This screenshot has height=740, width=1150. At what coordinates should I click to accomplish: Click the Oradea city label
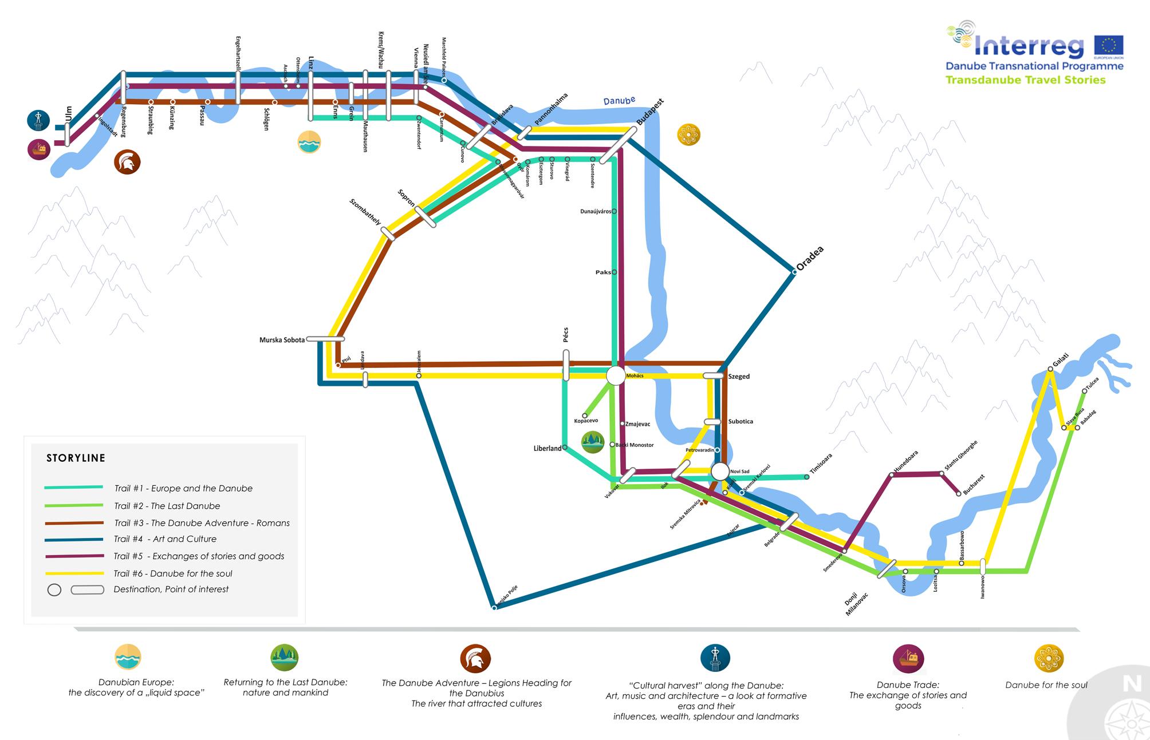pyautogui.click(x=810, y=258)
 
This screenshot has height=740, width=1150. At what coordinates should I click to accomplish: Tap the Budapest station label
pyautogui.click(x=651, y=112)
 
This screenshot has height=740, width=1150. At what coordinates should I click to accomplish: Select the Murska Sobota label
pyautogui.click(x=282, y=340)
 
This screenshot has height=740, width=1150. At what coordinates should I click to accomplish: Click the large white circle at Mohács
pyautogui.click(x=616, y=376)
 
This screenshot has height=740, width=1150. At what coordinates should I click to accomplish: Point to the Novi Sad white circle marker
pyautogui.click(x=720, y=472)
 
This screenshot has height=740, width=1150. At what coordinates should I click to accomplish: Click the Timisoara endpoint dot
pyautogui.click(x=807, y=477)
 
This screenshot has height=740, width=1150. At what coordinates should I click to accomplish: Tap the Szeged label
pyautogui.click(x=739, y=377)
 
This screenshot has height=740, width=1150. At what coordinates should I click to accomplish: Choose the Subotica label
pyautogui.click(x=741, y=422)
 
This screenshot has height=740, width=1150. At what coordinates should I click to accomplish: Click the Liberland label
pyautogui.click(x=547, y=449)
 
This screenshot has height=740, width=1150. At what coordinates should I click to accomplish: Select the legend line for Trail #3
pyautogui.click(x=74, y=523)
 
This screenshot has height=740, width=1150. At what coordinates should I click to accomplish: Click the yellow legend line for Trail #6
pyautogui.click(x=74, y=573)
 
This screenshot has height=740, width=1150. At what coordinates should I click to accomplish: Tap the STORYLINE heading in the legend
pyautogui.click(x=76, y=458)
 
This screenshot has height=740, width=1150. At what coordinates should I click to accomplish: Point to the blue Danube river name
pyautogui.click(x=619, y=101)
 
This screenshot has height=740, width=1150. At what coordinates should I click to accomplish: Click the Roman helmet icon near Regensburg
pyautogui.click(x=127, y=162)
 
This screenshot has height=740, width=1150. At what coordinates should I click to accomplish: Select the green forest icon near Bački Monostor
pyautogui.click(x=593, y=442)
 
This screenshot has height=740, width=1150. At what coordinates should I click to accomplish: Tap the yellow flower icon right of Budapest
pyautogui.click(x=688, y=135)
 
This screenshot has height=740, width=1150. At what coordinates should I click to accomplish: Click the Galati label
pyautogui.click(x=1061, y=361)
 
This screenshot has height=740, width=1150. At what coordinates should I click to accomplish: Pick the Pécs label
pyautogui.click(x=566, y=335)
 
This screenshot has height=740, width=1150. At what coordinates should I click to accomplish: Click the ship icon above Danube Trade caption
pyautogui.click(x=908, y=658)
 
